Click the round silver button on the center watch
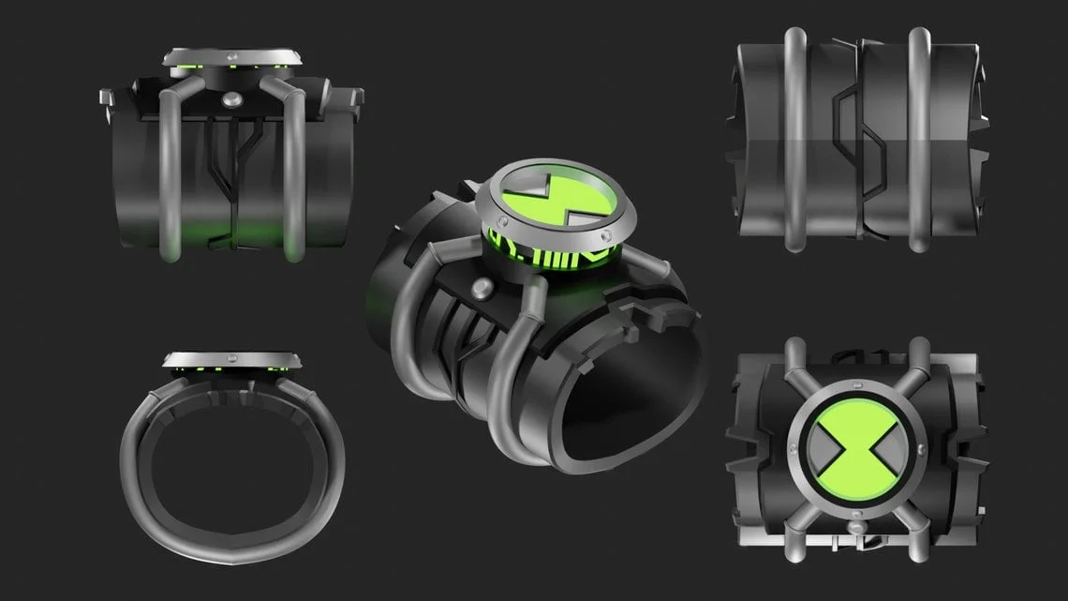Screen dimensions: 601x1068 point(484,287)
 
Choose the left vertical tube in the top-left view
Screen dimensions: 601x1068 point(170,188)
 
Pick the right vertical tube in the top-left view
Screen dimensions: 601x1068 point(294,188)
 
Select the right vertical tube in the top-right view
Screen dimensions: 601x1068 point(919,141)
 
